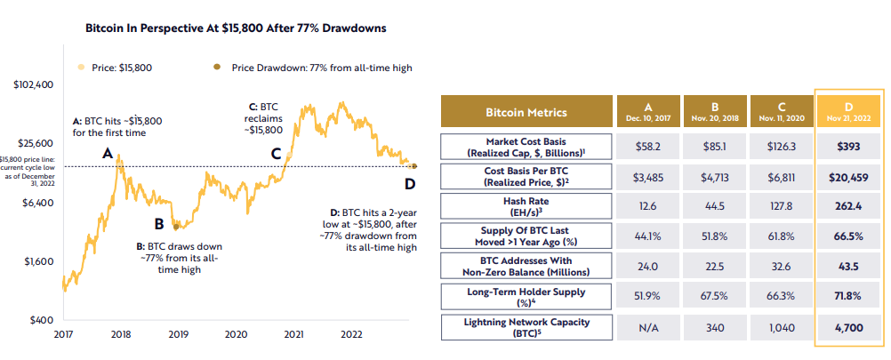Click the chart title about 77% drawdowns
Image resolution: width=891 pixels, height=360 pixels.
pos(235,28)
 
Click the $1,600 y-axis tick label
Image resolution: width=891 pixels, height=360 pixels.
pos(37,262)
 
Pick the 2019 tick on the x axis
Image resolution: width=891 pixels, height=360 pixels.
pos(178,334)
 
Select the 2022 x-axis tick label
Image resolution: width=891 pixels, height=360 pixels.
pos(350,334)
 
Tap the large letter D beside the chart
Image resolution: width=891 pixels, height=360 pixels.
pos(410,184)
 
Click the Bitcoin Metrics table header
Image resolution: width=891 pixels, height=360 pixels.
pos(526,112)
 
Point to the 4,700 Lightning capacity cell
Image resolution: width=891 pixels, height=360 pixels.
pos(849,327)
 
